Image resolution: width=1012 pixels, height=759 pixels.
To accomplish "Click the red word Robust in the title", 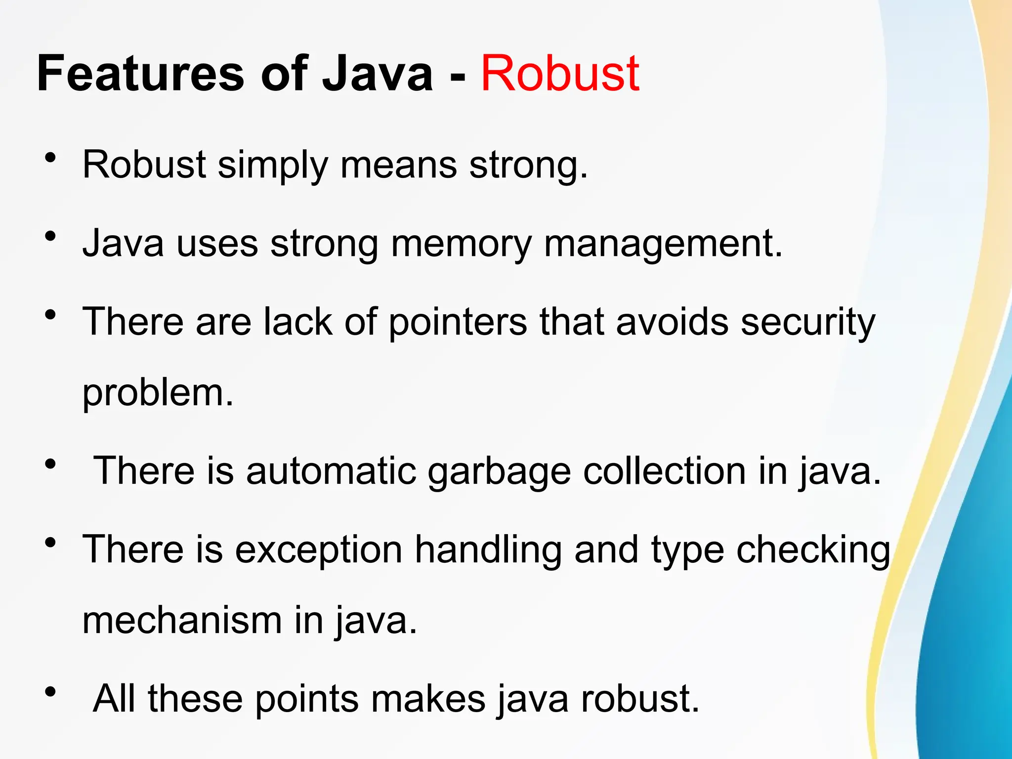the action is click(560, 74).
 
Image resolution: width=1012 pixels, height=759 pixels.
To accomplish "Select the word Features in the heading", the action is click(140, 74).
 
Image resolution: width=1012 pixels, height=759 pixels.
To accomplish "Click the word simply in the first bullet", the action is click(273, 165).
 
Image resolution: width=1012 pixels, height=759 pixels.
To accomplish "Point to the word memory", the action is click(461, 244).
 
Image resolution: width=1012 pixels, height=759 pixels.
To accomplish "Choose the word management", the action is click(663, 244).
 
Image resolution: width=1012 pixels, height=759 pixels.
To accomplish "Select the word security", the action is click(808, 323).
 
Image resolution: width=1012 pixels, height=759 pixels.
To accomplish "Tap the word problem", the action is click(158, 394).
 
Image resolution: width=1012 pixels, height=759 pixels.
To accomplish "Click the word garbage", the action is click(499, 472).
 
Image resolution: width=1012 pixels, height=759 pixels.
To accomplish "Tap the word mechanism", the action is click(182, 621).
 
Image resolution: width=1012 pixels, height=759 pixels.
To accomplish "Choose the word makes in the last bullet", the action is click(428, 699).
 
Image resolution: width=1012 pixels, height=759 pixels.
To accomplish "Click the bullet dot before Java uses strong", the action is click(50, 236).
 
